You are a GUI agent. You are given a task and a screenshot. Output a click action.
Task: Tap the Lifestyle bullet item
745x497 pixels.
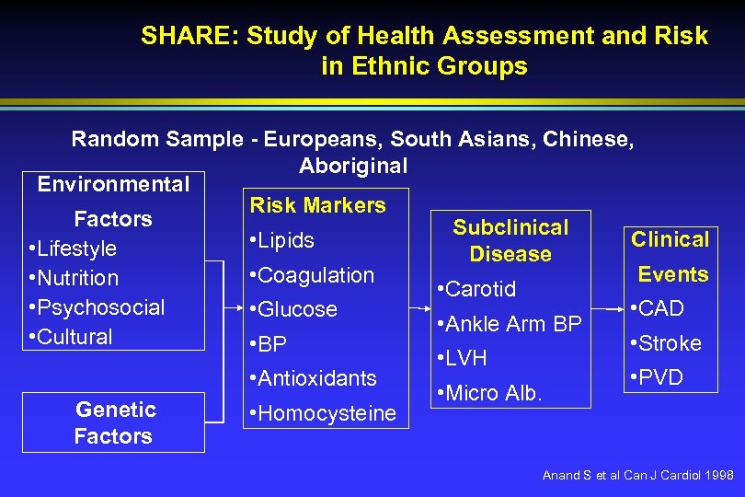[x=74, y=248]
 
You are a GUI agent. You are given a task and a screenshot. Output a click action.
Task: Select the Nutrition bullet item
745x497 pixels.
[x=74, y=278]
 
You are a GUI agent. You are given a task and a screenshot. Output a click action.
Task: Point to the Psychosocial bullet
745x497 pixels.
[x=97, y=307]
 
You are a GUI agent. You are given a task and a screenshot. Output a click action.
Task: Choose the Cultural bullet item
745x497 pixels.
[x=71, y=337]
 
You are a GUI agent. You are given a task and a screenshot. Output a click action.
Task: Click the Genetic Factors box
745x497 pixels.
[x=114, y=422]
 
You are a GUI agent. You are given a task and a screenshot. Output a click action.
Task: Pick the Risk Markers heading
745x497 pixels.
[x=317, y=205]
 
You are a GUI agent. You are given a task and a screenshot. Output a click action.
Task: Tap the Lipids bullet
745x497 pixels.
[x=280, y=240]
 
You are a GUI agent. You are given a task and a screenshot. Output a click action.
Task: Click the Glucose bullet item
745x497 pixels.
[x=291, y=309]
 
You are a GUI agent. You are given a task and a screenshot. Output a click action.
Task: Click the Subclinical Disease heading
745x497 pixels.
[x=510, y=240]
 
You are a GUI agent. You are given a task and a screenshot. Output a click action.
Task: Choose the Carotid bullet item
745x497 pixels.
[x=477, y=289]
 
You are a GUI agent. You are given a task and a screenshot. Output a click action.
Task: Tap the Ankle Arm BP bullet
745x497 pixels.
[x=509, y=324]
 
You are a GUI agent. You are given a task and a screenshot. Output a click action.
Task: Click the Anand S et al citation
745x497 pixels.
[x=637, y=476]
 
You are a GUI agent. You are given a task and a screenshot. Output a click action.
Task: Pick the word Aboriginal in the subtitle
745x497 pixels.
[x=352, y=166]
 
